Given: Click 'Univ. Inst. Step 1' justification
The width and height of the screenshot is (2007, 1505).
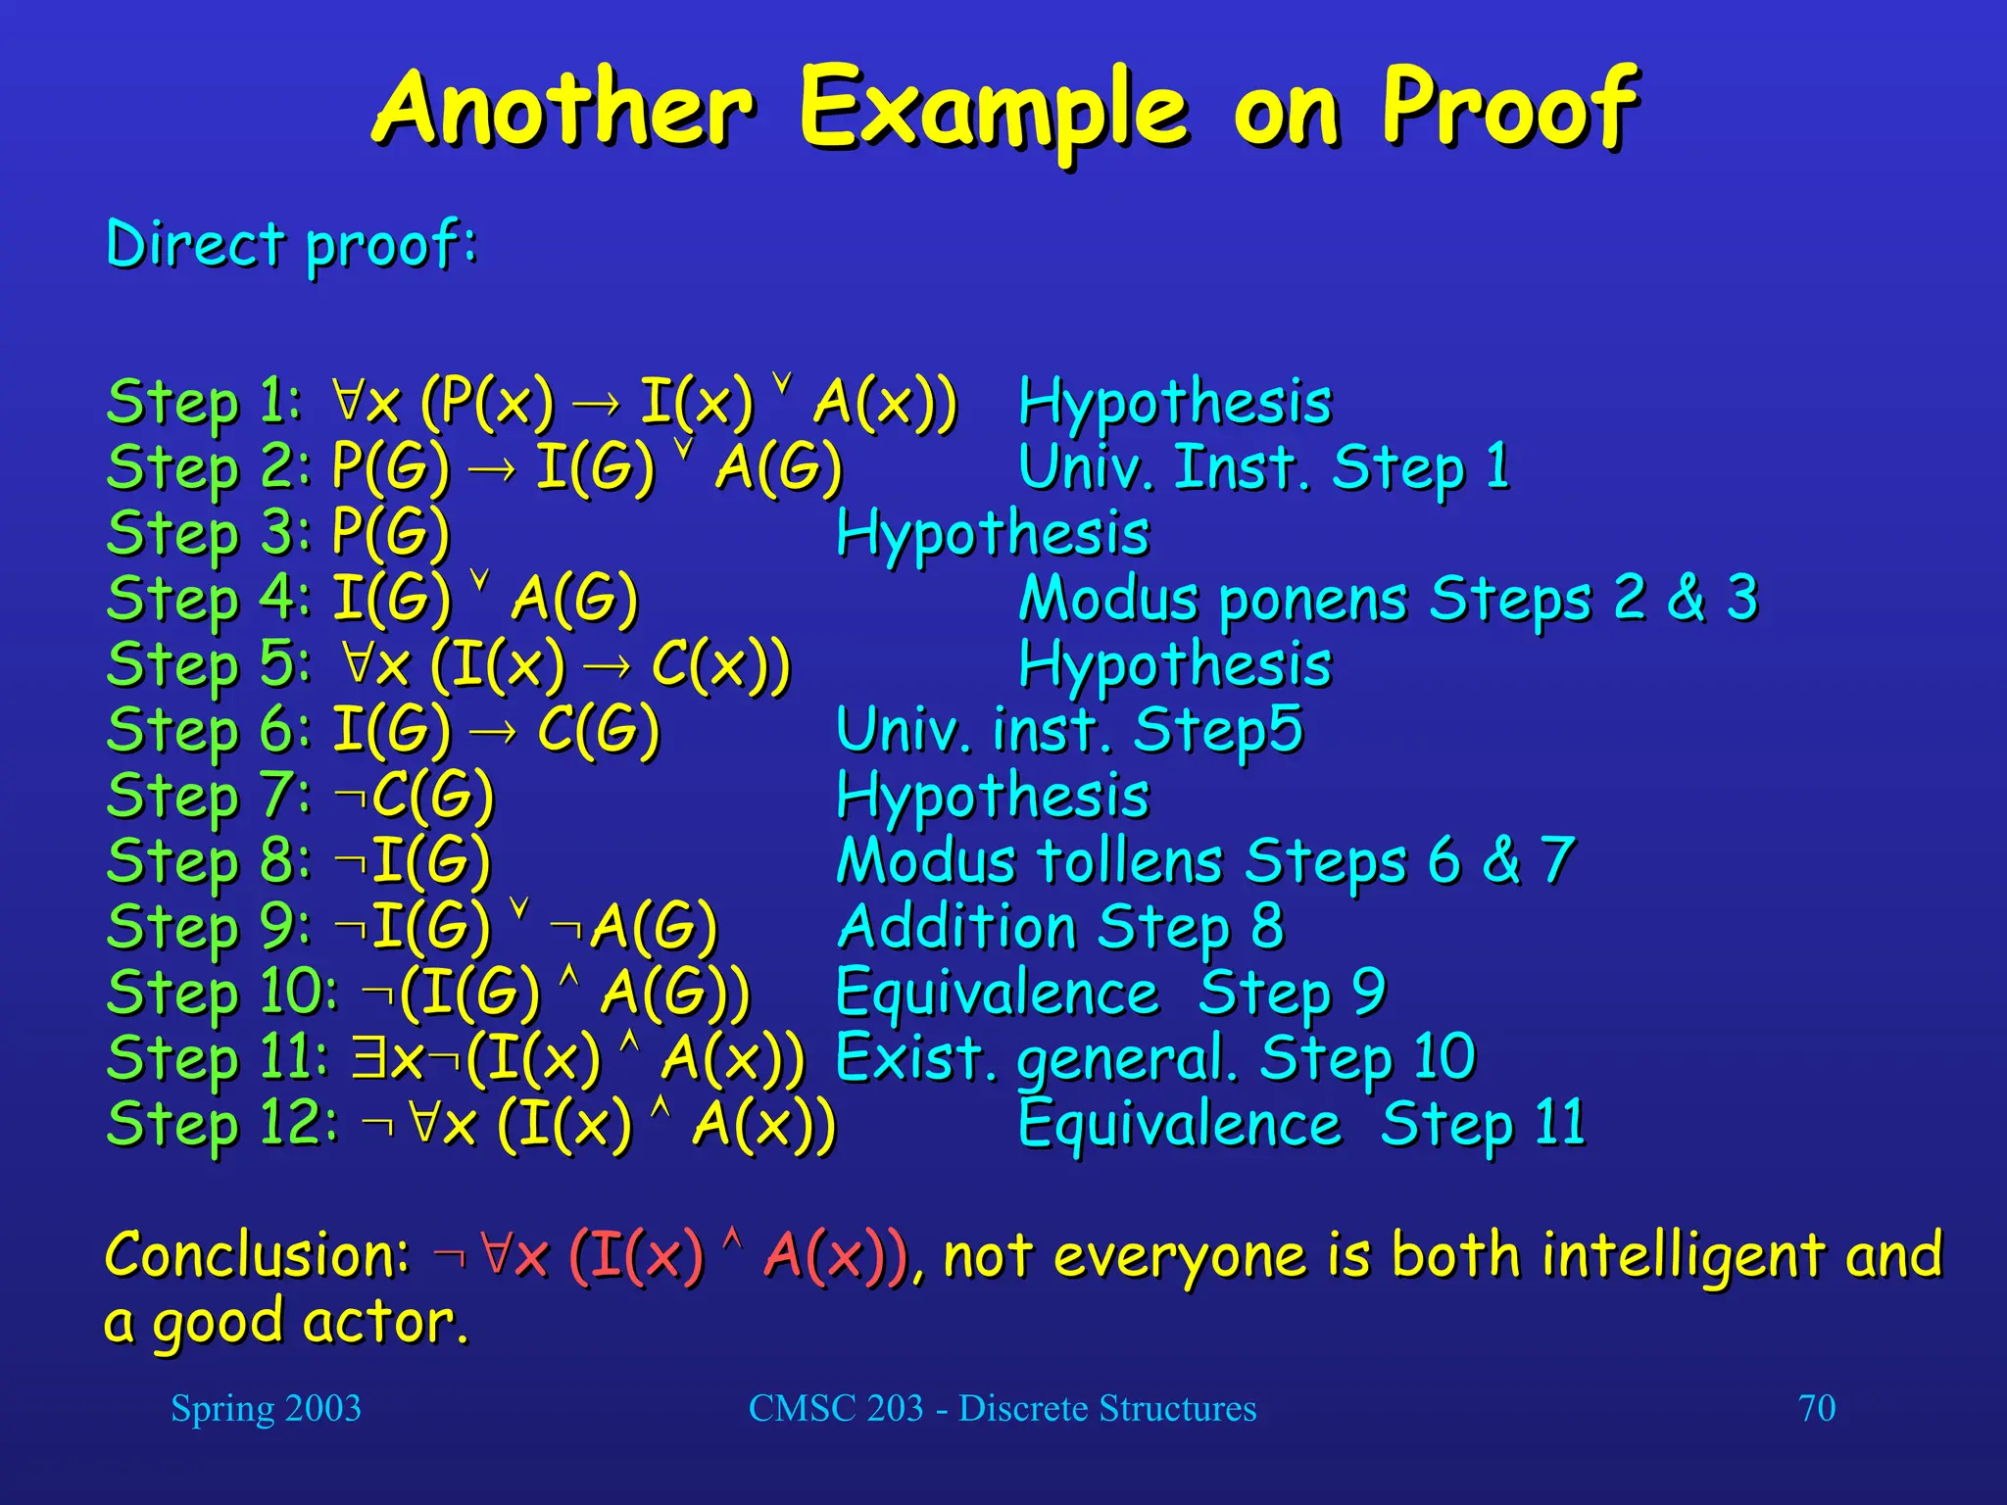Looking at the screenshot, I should [1263, 467].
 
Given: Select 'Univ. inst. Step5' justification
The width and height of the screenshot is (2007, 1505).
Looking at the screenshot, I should [1068, 730].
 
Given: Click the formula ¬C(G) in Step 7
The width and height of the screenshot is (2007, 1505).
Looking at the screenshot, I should [414, 795].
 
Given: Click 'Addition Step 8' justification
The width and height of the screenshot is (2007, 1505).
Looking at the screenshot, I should [1059, 926].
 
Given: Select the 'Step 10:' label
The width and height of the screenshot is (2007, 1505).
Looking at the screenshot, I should [221, 992].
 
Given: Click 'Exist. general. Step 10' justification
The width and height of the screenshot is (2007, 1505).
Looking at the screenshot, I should [1154, 1058].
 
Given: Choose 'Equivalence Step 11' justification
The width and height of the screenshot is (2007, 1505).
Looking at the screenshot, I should [1300, 1123].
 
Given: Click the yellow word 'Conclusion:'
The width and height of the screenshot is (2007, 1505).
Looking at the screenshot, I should [257, 1255].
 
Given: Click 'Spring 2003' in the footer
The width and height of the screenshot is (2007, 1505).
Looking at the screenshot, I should [266, 1408].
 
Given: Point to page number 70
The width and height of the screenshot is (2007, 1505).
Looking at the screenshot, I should [1816, 1408].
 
